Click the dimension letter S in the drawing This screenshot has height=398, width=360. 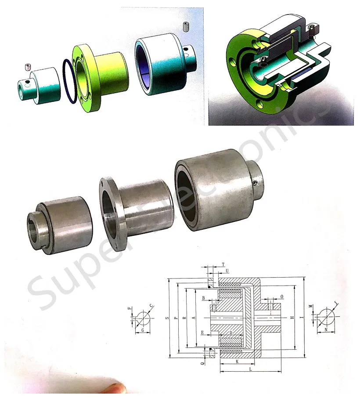[166, 317]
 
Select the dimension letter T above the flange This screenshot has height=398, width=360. [223, 264]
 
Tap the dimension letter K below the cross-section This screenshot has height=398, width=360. [237, 362]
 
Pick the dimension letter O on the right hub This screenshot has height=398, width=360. [281, 297]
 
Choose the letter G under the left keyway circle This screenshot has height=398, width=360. [143, 329]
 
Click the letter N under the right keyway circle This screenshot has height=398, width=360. [325, 329]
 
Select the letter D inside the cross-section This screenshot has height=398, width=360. [230, 333]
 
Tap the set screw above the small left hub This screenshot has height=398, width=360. [28, 67]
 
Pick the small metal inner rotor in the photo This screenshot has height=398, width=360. [59, 224]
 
